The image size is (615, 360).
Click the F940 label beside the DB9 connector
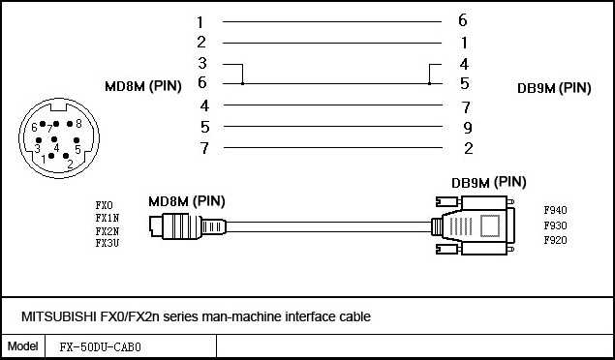click(555, 209)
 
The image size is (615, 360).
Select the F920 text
click(555, 240)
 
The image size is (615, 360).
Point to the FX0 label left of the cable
click(104, 205)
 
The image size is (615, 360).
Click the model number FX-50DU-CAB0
click(101, 346)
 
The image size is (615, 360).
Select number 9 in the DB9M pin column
click(466, 127)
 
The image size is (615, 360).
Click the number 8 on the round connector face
click(77, 124)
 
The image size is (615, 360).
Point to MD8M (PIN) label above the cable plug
click(186, 201)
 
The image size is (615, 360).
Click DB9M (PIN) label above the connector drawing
click(489, 181)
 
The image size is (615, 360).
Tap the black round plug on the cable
click(177, 226)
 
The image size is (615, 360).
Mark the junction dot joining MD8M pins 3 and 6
click(241, 84)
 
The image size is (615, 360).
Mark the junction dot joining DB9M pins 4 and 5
click(430, 84)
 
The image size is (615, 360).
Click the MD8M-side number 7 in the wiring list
click(203, 148)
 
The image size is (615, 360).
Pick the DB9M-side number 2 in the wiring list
click(467, 148)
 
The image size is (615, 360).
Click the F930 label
click(555, 225)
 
